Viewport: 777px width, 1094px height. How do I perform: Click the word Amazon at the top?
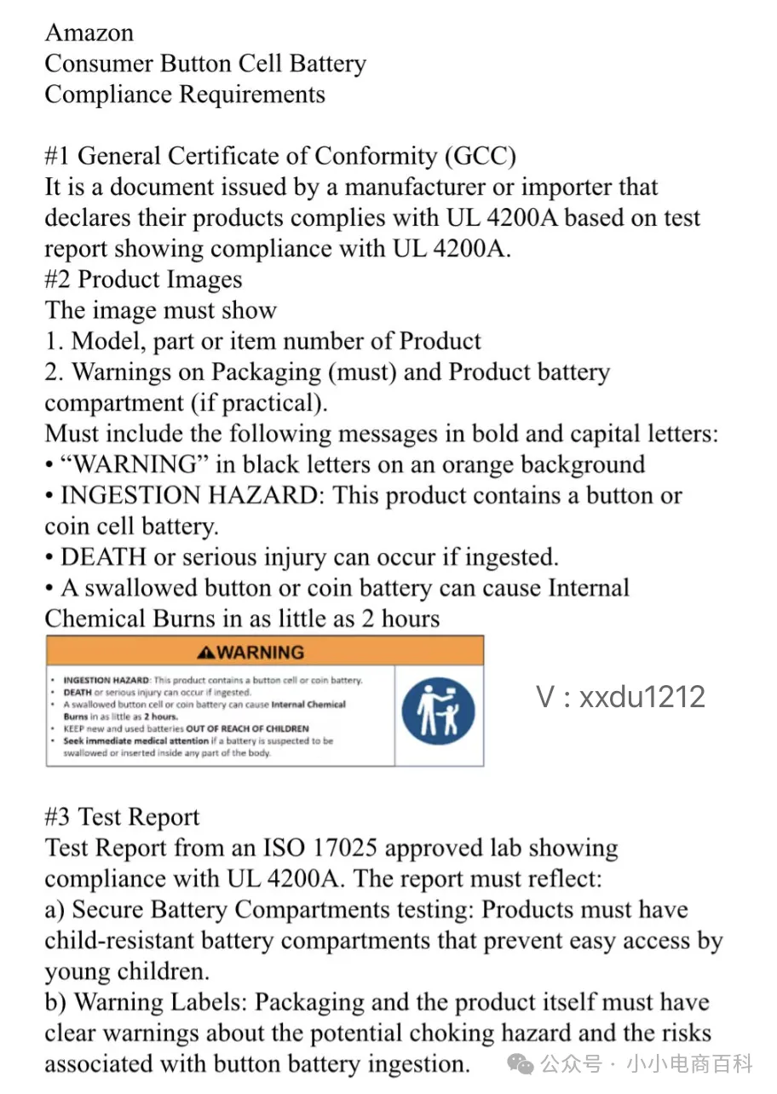pyautogui.click(x=89, y=32)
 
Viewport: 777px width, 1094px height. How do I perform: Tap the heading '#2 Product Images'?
pyautogui.click(x=143, y=280)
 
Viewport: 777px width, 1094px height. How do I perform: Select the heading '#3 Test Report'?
pyautogui.click(x=122, y=818)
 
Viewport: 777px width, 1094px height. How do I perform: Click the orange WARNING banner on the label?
pyautogui.click(x=264, y=652)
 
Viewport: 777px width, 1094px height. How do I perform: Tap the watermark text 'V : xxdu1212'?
pyautogui.click(x=621, y=697)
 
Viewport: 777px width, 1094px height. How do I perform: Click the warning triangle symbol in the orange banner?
pyautogui.click(x=204, y=653)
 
